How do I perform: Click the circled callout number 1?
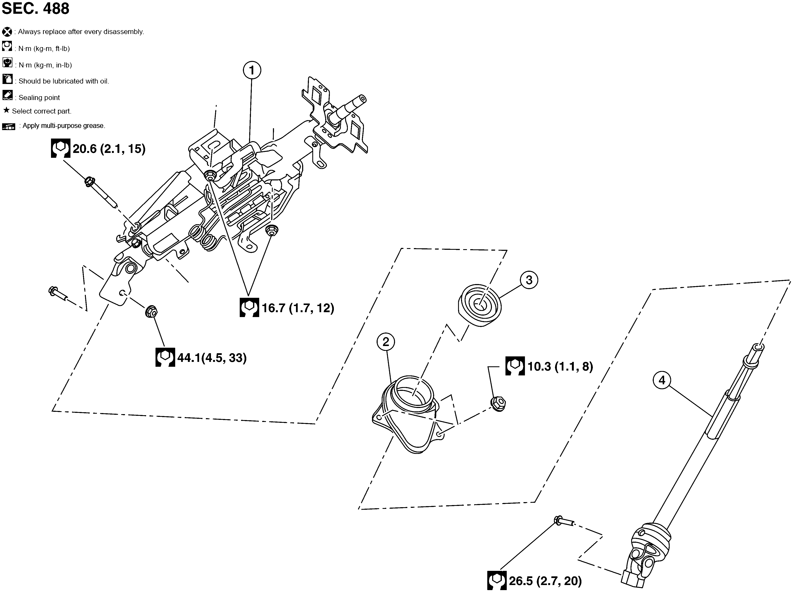pyautogui.click(x=252, y=70)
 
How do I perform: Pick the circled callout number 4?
pyautogui.click(x=662, y=380)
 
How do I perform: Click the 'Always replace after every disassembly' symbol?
pyautogui.click(x=7, y=32)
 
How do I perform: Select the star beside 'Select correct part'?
pyautogui.click(x=6, y=110)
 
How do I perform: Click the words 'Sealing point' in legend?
pyautogui.click(x=39, y=98)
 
